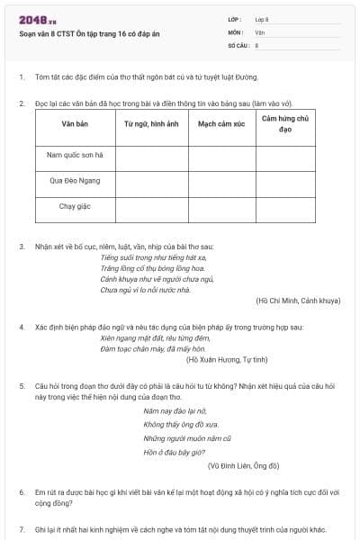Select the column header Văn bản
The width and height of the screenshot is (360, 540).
point(75,124)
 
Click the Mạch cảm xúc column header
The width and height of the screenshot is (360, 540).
point(221,124)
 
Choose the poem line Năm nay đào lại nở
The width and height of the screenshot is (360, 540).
point(171,410)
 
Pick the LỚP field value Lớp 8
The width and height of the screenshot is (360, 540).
point(262,19)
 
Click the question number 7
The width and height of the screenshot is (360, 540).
point(22,529)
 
